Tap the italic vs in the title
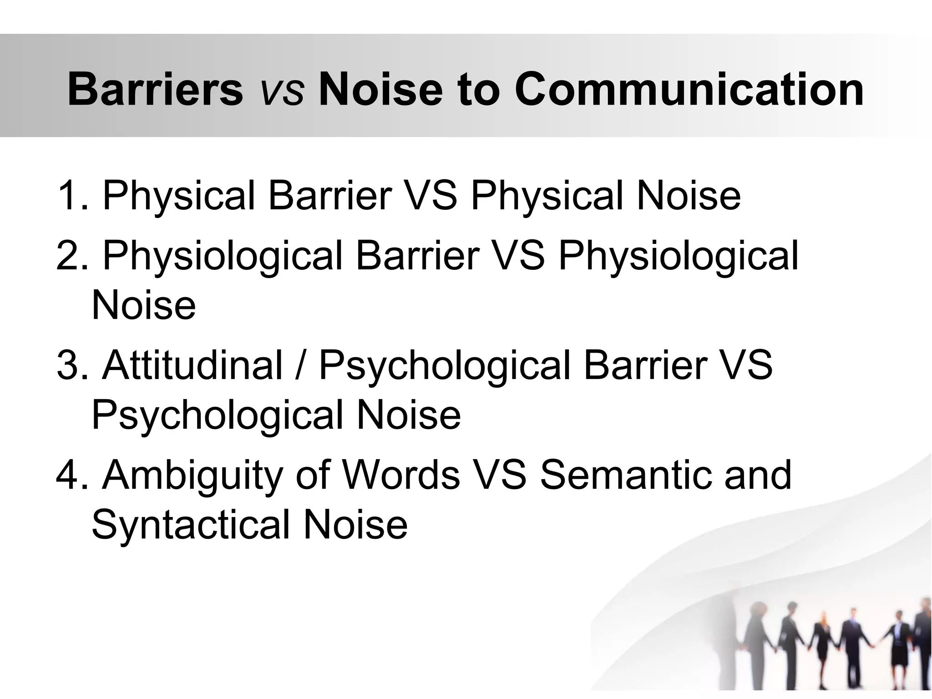281,93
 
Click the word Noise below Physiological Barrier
143,305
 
